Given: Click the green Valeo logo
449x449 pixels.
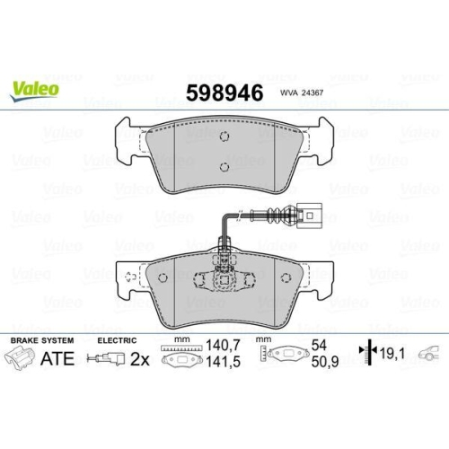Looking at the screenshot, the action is click(x=35, y=91).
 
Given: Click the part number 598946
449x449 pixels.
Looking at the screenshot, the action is click(x=224, y=92).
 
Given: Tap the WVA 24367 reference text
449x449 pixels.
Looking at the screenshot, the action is click(x=302, y=92).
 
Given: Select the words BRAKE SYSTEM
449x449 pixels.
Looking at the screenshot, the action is click(x=42, y=340).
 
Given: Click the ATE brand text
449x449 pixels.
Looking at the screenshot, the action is click(x=57, y=358).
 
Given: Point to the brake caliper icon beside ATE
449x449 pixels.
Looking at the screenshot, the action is click(x=19, y=357).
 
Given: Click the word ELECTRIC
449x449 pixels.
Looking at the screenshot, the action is click(x=117, y=340).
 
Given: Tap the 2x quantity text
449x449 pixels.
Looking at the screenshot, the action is click(x=139, y=359).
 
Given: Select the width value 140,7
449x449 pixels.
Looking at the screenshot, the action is click(x=224, y=346).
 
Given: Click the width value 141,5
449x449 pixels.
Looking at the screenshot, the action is click(x=224, y=362).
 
